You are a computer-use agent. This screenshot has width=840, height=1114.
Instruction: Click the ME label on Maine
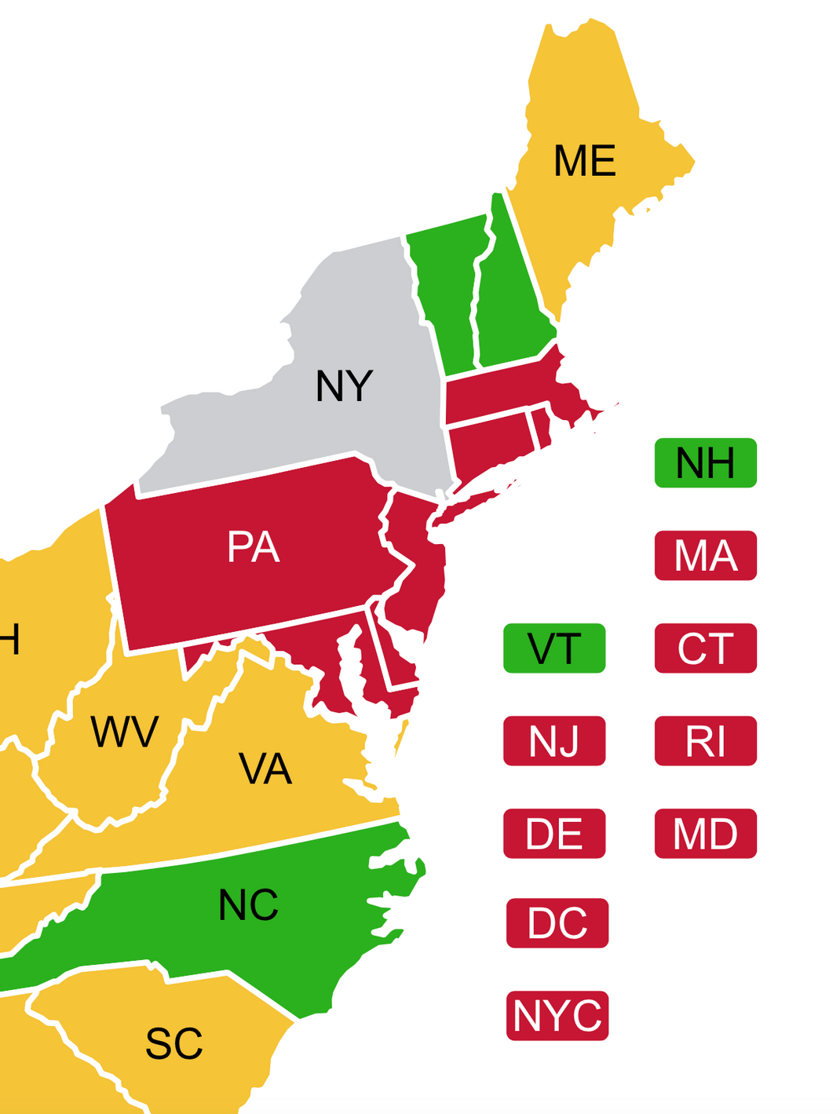[584, 161]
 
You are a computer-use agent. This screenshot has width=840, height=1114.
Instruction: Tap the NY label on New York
[344, 385]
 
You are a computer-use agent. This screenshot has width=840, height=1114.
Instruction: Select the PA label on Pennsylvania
[254, 546]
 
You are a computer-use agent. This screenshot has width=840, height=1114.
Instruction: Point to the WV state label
[125, 732]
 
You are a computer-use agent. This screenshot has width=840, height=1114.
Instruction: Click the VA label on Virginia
[265, 769]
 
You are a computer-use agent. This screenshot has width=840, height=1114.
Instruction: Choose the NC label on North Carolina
[248, 905]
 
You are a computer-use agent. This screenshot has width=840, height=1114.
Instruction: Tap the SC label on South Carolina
[174, 1043]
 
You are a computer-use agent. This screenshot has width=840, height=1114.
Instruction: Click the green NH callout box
[705, 463]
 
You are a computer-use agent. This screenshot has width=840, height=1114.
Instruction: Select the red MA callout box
[705, 556]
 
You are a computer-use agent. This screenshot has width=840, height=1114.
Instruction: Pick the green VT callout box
[554, 648]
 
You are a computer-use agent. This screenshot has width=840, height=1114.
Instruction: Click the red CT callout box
[705, 648]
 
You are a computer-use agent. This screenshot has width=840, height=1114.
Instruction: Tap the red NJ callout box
[554, 740]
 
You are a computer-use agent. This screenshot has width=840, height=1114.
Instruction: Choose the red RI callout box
[705, 740]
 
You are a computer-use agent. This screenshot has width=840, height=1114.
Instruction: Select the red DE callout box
[554, 833]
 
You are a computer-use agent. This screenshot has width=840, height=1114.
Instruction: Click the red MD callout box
[705, 833]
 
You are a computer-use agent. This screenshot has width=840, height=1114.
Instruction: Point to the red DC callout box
[557, 923]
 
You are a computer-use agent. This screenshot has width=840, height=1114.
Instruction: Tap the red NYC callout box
[557, 1015]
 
